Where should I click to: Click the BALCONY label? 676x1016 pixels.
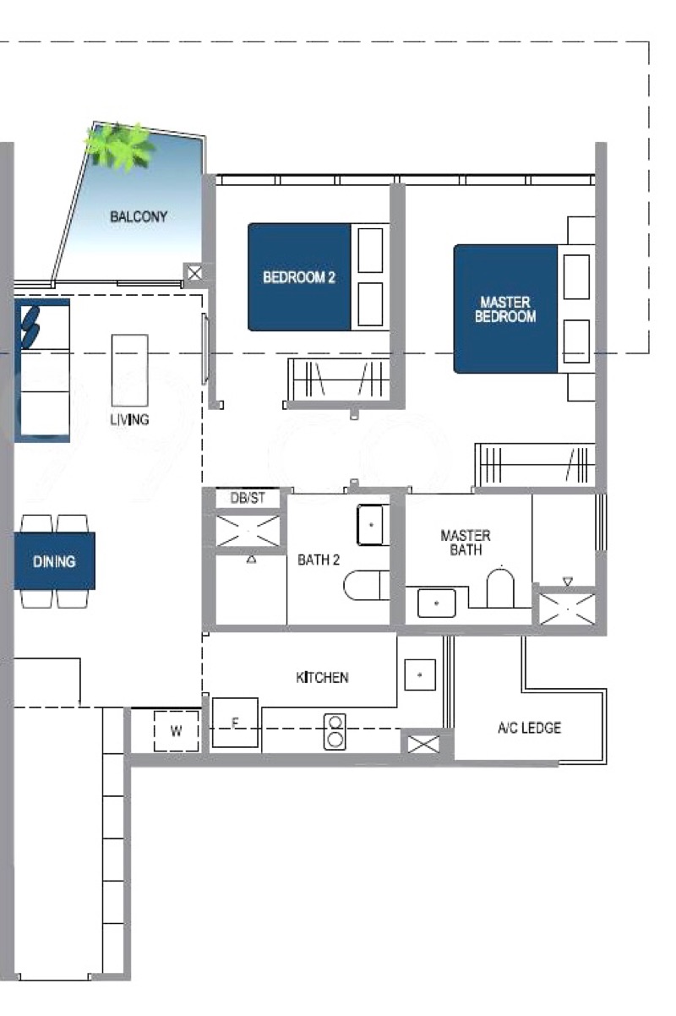coord(139,216)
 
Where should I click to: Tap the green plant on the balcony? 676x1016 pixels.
coord(119,145)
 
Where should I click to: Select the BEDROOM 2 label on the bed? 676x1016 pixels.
coord(299,277)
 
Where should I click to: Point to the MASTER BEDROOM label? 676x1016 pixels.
coord(505,309)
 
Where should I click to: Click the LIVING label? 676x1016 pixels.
coord(129,419)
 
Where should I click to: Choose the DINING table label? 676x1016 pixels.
coord(54,561)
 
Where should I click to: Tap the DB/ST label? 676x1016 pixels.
coord(248,498)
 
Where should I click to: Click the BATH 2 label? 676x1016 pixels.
coord(319,560)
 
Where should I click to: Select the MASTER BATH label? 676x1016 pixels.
coord(466,543)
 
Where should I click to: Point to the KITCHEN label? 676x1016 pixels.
coord(322,677)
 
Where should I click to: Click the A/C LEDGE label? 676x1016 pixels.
coord(529,728)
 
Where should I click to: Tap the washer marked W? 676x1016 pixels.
coord(176,730)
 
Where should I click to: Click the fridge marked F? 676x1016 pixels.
coord(235,722)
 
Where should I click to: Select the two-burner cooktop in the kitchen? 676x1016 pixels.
coord(335,732)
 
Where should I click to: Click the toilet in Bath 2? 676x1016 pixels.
coord(367,585)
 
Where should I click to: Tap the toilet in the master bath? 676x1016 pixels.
coord(500,587)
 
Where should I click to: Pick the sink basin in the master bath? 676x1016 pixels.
coord(436,604)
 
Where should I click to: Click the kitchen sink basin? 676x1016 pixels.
coord(420,675)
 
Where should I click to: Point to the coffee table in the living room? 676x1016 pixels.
coord(129,370)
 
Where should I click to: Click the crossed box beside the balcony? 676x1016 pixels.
coord(194,273)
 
